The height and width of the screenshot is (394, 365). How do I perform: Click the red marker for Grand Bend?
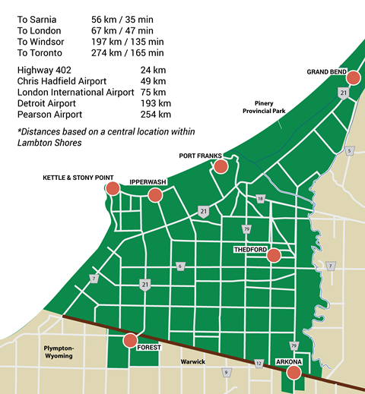tap(353, 77)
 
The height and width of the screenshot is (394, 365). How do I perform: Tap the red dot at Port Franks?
tap(221, 166)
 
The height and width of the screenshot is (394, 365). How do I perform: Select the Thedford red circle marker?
tap(274, 257)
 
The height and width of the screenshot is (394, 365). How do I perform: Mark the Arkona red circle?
tap(293, 372)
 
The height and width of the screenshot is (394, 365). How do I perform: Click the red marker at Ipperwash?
tap(155, 195)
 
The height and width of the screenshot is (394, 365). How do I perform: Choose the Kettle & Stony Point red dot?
tap(112, 189)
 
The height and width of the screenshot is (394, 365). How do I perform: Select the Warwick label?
tap(193, 361)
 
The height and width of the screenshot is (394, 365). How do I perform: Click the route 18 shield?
tap(260, 199)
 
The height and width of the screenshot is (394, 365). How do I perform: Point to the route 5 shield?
tap(349, 152)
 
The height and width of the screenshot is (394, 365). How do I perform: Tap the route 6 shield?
tap(180, 266)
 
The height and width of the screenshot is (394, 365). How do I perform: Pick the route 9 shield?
tap(226, 372)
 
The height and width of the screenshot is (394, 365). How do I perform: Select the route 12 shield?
tap(259, 364)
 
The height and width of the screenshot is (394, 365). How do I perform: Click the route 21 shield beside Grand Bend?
tap(344, 93)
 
